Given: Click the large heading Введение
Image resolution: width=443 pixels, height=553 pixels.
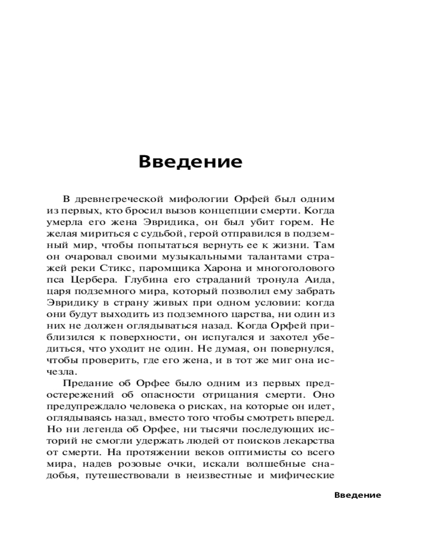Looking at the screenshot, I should (190, 161).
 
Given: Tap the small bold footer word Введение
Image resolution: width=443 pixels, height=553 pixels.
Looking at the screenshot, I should (358, 495).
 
